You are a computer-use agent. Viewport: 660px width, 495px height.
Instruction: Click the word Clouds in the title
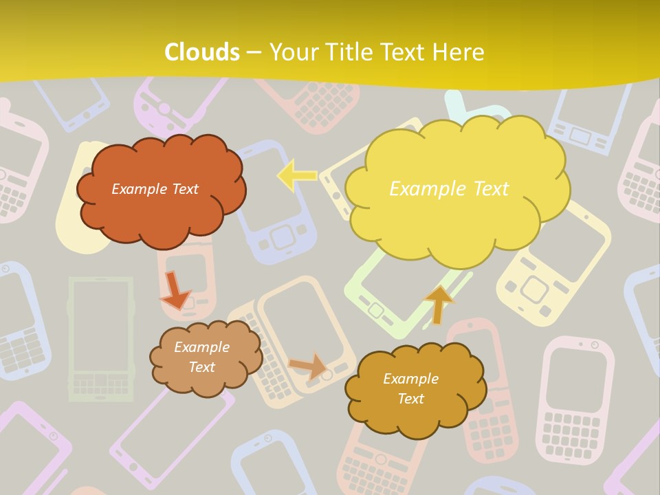[202, 52]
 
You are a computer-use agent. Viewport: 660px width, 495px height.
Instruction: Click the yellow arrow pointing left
[296, 176]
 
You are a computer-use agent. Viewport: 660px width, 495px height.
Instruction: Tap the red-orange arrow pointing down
[175, 290]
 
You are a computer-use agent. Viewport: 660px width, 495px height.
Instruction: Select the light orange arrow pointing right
[308, 366]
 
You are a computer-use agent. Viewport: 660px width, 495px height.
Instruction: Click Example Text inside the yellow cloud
[449, 188]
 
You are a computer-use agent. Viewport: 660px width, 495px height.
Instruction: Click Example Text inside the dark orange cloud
[155, 189]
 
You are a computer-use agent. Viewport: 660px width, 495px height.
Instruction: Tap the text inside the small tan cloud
[201, 357]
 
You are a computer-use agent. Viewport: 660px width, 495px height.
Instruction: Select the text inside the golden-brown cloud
[410, 388]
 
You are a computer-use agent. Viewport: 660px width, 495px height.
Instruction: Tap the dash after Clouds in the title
[254, 52]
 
